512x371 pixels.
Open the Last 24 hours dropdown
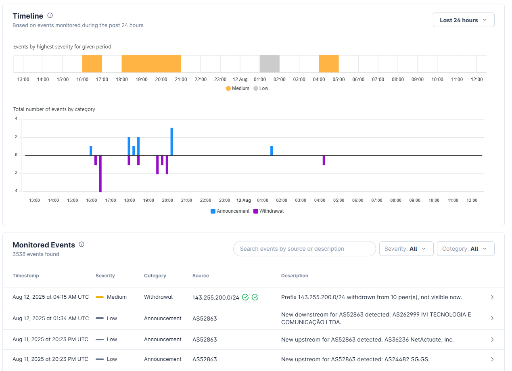(463, 20)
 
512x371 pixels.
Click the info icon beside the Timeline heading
(50, 16)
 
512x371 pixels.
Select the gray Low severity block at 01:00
(270, 64)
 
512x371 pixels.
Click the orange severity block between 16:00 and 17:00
(92, 64)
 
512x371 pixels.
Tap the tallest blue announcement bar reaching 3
(171, 142)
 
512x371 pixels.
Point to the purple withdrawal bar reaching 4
(100, 174)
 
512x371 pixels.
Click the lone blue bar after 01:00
(272, 151)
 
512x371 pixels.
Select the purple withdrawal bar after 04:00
(324, 160)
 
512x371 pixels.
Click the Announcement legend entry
(230, 211)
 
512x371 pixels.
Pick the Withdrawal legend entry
(269, 211)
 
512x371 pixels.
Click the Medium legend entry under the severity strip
(238, 88)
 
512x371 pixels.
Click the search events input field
(305, 249)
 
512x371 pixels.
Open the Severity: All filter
(406, 249)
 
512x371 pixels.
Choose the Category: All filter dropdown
(466, 249)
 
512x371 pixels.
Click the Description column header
(295, 276)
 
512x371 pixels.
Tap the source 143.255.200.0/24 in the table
(216, 298)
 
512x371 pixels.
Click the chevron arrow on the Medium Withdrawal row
(492, 297)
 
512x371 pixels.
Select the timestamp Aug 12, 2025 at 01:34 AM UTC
(51, 318)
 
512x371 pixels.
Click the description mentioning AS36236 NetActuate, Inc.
(367, 340)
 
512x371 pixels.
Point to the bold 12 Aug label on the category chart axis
(243, 200)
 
